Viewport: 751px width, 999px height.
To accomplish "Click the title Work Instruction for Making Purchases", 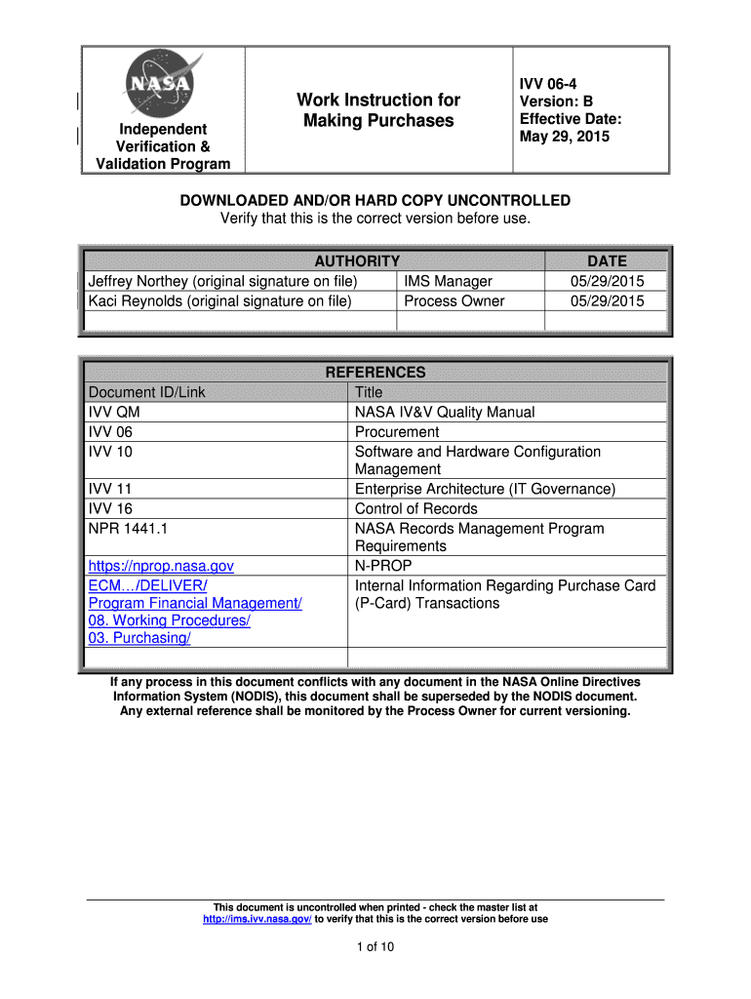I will pyautogui.click(x=378, y=110).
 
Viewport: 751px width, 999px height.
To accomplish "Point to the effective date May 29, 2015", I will pyautogui.click(x=565, y=137).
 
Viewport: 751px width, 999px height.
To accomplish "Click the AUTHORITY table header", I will pyautogui.click(x=357, y=260).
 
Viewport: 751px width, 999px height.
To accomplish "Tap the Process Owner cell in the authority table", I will pyautogui.click(x=455, y=300).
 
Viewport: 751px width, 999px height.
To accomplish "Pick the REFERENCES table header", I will pyautogui.click(x=375, y=372).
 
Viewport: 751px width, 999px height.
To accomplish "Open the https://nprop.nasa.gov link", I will pyautogui.click(x=161, y=566).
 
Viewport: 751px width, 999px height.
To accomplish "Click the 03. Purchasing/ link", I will pyautogui.click(x=139, y=638).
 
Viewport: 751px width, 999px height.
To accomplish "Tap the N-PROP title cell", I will pyautogui.click(x=383, y=566).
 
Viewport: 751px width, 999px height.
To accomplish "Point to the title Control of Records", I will pyautogui.click(x=416, y=508).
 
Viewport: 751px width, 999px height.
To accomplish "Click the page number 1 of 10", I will pyautogui.click(x=375, y=946).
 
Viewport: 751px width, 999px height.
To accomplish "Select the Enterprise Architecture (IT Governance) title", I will pyautogui.click(x=485, y=489).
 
